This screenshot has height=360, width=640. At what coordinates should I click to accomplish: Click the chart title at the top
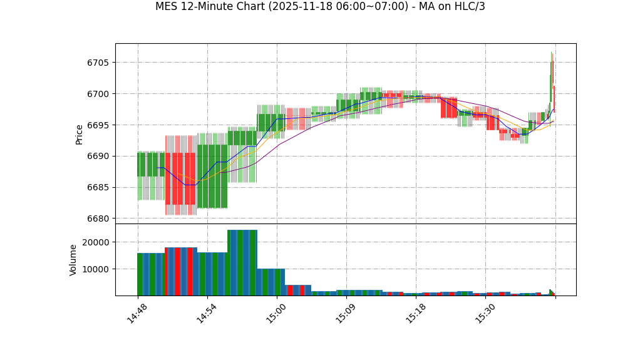320,7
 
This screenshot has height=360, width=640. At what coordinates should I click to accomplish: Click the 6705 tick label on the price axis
98,63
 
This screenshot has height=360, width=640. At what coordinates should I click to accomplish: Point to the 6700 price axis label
98,94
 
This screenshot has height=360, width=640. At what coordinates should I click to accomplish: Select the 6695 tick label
98,125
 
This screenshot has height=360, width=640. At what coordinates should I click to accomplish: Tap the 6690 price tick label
98,157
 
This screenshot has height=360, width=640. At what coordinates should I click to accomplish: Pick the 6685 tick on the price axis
98,188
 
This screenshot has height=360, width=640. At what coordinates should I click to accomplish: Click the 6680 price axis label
98,219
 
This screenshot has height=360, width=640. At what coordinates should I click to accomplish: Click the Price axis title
80,134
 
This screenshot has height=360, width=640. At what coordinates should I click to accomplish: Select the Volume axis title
73,260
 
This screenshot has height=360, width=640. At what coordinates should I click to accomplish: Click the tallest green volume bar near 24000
242,263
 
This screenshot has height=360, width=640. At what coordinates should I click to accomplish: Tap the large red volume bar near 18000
181,272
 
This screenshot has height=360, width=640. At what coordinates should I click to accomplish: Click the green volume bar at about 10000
271,282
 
